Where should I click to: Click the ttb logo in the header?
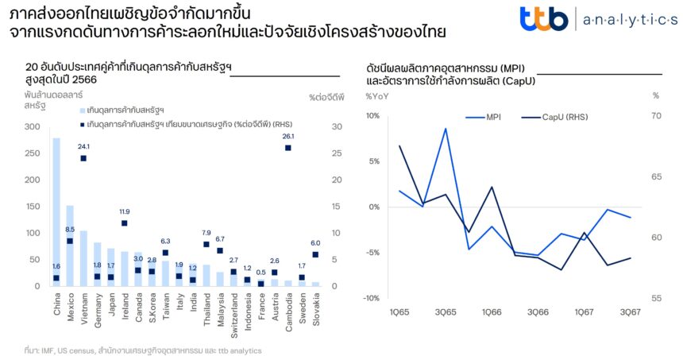click(543, 18)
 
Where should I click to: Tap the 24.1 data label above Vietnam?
click(83, 146)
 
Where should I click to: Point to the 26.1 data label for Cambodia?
click(287, 136)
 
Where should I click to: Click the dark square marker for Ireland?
click(125, 223)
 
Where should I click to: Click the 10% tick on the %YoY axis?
click(373, 115)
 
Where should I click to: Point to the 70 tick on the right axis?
click(656, 115)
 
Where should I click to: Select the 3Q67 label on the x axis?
click(630, 312)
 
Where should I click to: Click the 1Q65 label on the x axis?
click(399, 312)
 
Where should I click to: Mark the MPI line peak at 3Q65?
click(446, 129)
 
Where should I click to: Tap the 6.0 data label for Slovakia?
click(315, 243)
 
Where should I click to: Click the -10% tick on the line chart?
click(372, 298)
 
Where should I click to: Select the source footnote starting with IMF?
click(143, 350)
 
